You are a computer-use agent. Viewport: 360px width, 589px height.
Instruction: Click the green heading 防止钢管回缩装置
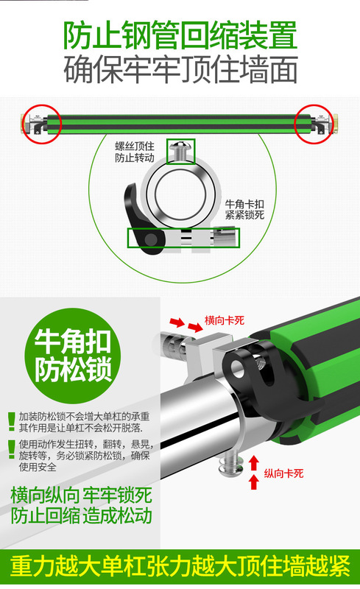pos(180,33)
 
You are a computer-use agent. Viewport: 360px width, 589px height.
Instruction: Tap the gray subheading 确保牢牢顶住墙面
pos(180,70)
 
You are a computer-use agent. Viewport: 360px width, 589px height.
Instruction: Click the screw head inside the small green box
pos(180,151)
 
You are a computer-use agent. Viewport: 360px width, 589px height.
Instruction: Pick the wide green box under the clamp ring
pos(183,239)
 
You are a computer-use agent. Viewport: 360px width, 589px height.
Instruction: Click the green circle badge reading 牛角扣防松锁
pos(70,356)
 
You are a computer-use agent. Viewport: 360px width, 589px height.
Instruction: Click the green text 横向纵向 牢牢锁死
pos(81,494)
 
